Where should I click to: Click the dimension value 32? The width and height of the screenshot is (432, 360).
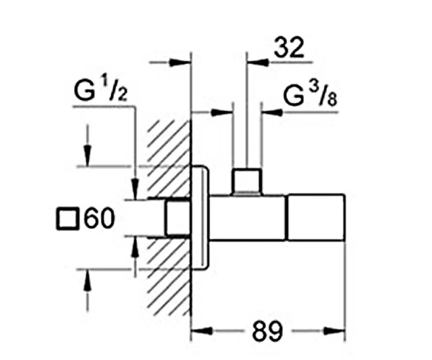click(x=289, y=48)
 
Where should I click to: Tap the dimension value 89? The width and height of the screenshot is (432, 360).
click(x=268, y=330)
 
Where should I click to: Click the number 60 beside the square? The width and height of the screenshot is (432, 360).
click(x=99, y=218)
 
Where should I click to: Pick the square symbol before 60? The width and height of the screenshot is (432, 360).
click(x=66, y=219)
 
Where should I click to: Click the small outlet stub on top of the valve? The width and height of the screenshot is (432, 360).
click(x=246, y=181)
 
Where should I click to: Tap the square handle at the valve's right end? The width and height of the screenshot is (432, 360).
click(x=316, y=217)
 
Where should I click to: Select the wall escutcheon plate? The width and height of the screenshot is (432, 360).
click(x=200, y=217)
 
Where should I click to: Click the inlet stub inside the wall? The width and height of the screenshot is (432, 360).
click(x=178, y=218)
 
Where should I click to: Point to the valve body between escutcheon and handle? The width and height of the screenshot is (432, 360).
click(x=248, y=217)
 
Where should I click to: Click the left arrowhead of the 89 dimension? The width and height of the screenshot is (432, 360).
click(x=202, y=330)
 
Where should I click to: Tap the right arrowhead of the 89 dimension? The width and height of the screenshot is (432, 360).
click(x=335, y=330)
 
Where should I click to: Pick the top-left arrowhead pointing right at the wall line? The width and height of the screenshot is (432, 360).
click(x=180, y=62)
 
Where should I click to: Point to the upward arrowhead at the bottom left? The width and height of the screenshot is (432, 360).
click(x=87, y=280)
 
